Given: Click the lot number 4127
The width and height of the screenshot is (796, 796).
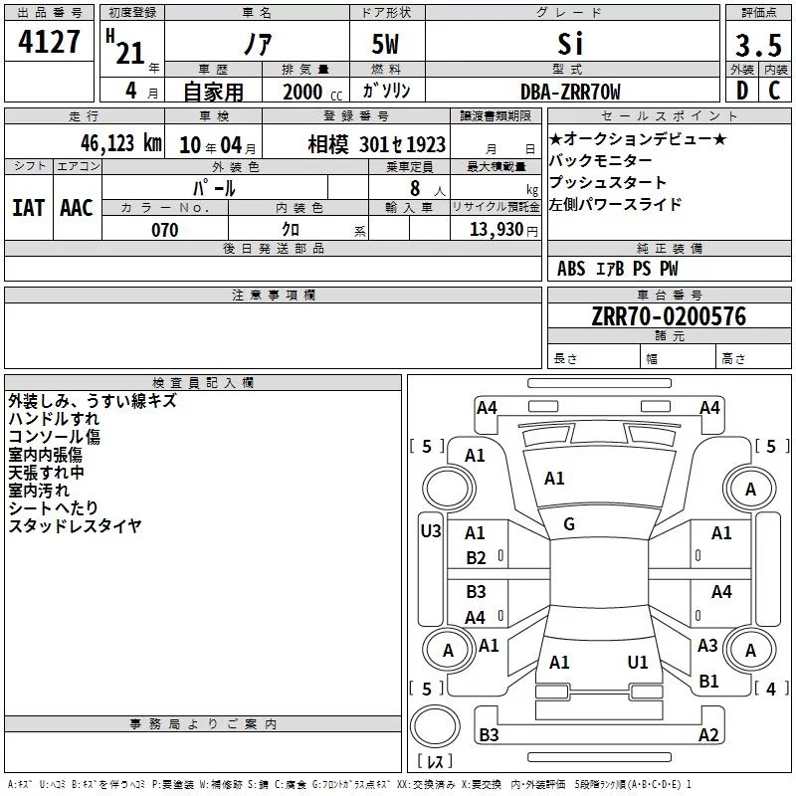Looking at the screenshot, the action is (x=49, y=42).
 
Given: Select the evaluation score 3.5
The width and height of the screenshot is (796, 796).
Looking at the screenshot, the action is (x=758, y=45).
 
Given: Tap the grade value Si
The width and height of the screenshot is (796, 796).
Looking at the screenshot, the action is (x=570, y=44).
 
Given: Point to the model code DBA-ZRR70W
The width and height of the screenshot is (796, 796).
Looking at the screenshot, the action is (x=570, y=92).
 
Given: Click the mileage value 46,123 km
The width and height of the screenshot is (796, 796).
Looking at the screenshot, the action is (x=121, y=143).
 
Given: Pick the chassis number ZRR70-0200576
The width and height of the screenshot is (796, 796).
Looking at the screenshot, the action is (x=669, y=316).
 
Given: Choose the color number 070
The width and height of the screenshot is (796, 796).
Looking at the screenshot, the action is (x=165, y=230).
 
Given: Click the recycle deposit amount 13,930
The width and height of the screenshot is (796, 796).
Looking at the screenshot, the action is (x=497, y=230).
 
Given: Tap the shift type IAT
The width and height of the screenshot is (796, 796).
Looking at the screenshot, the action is (x=29, y=208).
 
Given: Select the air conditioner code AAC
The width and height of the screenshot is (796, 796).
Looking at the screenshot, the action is (x=77, y=208).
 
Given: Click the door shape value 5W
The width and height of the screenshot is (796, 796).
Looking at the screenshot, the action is (x=385, y=44).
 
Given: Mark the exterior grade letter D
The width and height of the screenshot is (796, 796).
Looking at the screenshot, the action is (x=742, y=91).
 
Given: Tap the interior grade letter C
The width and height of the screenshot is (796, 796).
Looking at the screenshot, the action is (x=774, y=91).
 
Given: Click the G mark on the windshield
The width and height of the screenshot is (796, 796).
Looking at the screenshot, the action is (x=569, y=524).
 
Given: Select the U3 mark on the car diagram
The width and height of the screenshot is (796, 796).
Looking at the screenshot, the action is (x=431, y=531).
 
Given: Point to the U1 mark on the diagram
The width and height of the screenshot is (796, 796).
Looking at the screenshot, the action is (x=638, y=662).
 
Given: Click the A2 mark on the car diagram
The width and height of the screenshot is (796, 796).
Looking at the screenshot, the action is (x=708, y=734).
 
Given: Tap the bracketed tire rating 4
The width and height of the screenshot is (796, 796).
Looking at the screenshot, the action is (x=771, y=689).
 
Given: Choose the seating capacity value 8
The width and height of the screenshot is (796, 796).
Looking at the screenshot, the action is (x=415, y=188).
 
